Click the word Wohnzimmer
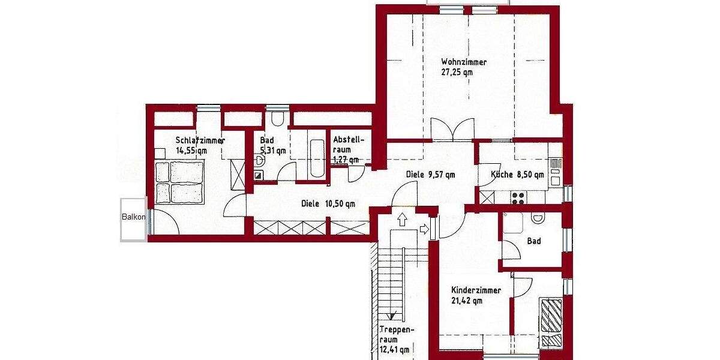pyautogui.click(x=464, y=62)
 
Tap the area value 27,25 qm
pyautogui.click(x=457, y=73)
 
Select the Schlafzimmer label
pyautogui.click(x=200, y=140)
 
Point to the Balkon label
pyautogui.click(x=133, y=217)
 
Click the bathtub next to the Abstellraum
pyautogui.click(x=316, y=157)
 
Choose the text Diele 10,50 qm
pyautogui.click(x=328, y=203)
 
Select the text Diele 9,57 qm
pyautogui.click(x=430, y=175)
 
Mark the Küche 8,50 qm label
pyautogui.click(x=517, y=175)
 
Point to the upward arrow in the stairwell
pyautogui.click(x=401, y=220)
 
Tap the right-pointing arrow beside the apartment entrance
pyautogui.click(x=425, y=229)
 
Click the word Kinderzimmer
pyautogui.click(x=476, y=290)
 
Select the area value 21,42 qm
pyautogui.click(x=467, y=301)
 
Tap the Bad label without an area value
pyautogui.click(x=533, y=241)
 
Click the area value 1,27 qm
pyautogui.click(x=346, y=160)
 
